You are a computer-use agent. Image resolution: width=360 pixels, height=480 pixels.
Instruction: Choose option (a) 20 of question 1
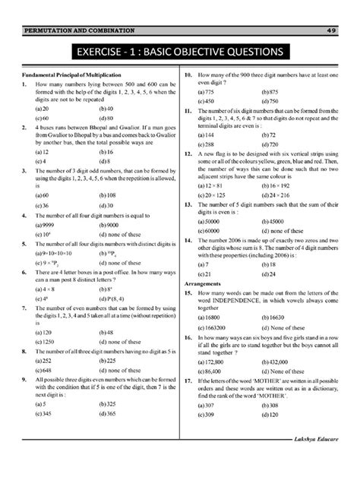(33, 109)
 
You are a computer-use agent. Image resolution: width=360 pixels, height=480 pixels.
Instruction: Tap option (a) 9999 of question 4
(36, 225)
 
